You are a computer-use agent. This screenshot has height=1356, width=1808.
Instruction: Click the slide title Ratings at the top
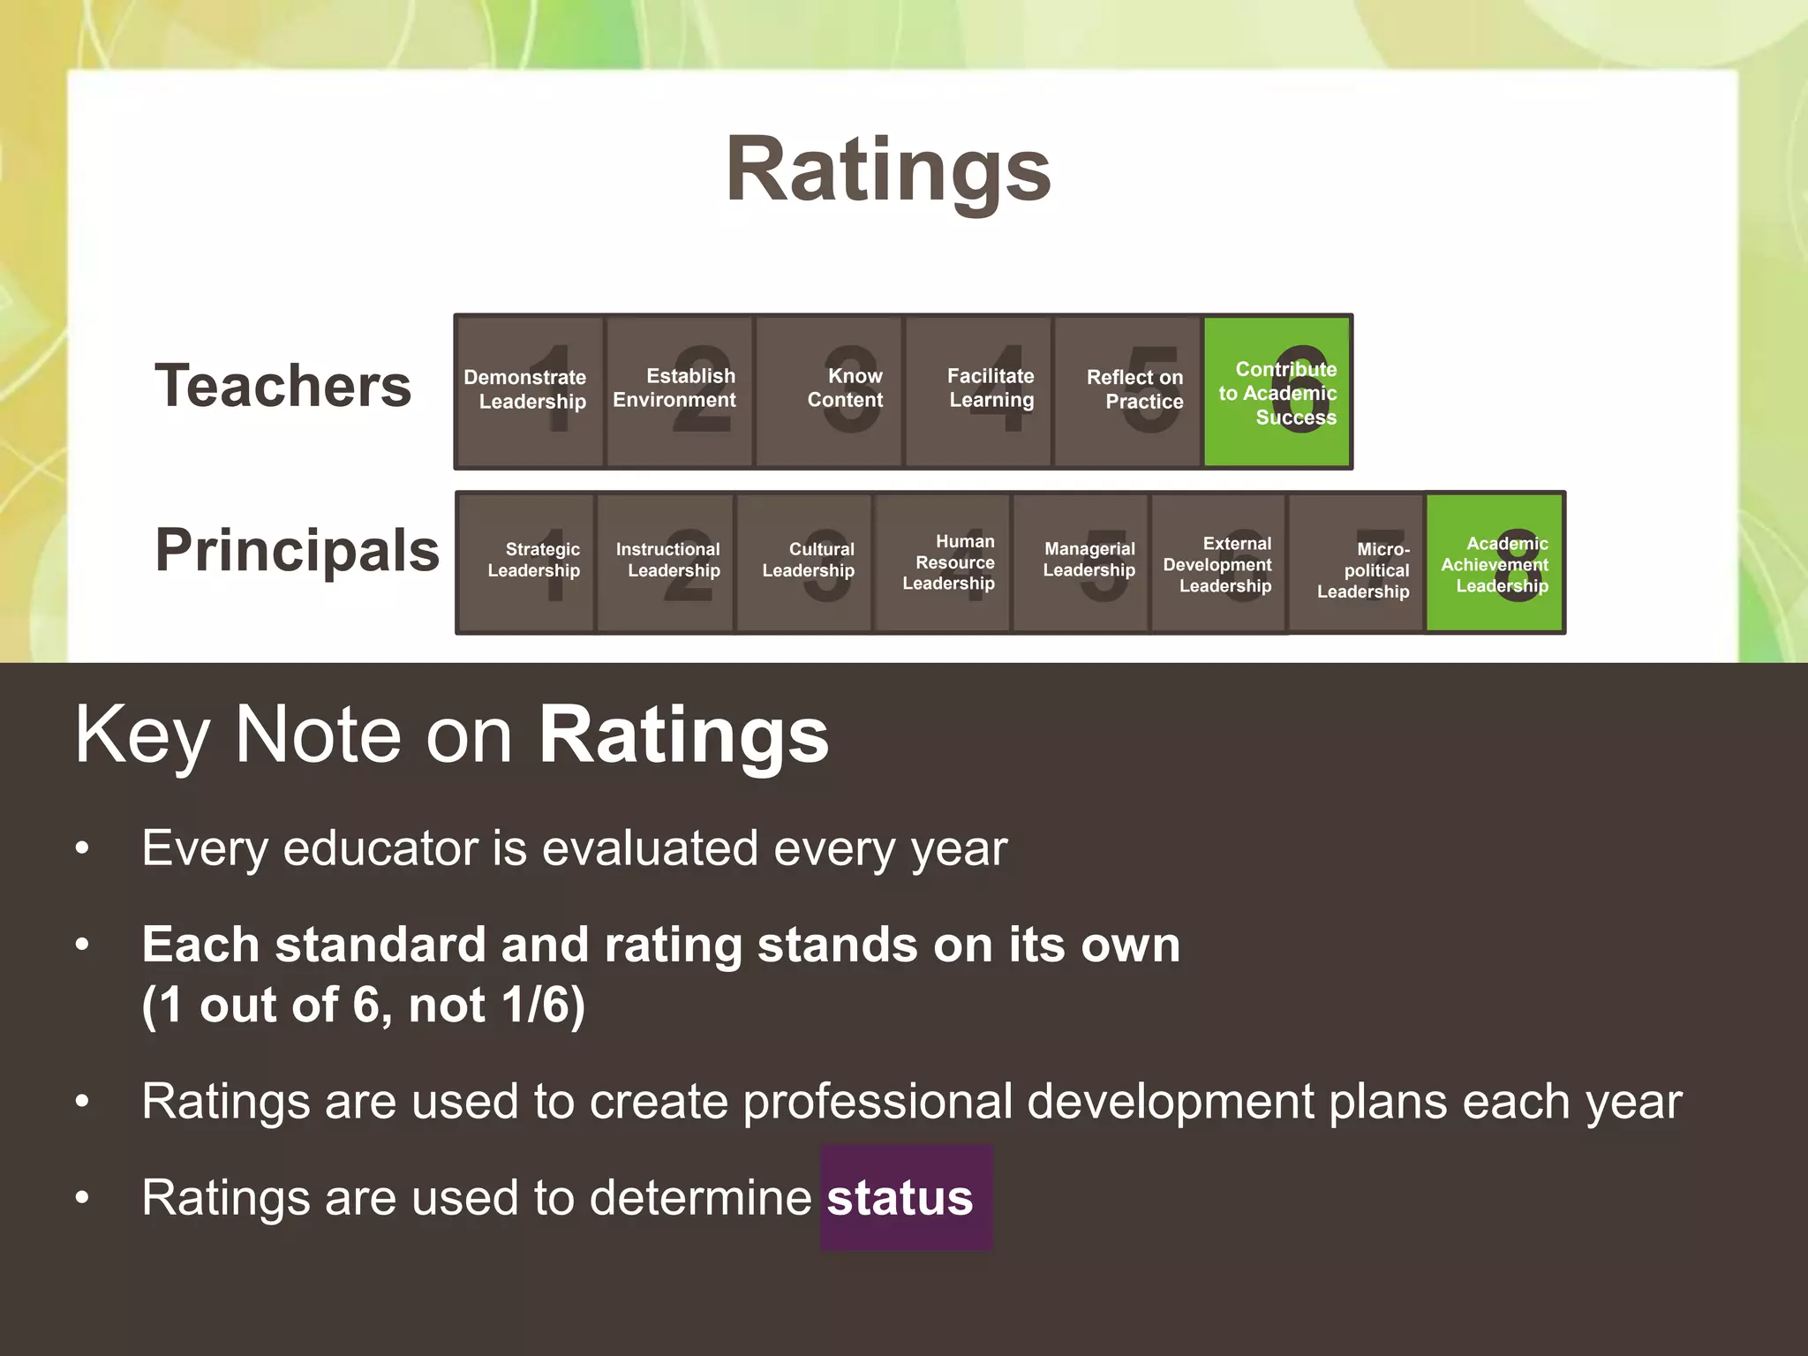point(888,169)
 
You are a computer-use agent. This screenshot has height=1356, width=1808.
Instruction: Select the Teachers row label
point(282,387)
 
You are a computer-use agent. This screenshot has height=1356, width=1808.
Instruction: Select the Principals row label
point(297,550)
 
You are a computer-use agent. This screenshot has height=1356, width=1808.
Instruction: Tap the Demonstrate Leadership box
point(530,391)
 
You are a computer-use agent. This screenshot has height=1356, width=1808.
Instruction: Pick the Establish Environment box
point(679,391)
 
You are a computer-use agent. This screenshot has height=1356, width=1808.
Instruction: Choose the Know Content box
point(829,391)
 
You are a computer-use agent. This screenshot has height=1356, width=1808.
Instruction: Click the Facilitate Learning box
point(978,391)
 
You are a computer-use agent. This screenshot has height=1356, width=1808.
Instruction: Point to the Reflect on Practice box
point(1127,391)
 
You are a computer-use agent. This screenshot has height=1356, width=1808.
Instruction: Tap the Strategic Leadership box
point(527,562)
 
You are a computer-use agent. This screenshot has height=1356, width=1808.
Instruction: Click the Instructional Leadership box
point(666,562)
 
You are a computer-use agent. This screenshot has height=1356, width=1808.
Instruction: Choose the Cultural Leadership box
point(804,562)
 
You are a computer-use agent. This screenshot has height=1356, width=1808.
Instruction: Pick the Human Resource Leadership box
point(943,562)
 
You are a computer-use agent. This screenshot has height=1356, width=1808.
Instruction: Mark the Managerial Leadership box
point(1081,562)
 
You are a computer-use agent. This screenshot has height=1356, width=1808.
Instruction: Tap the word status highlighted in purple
point(900,1198)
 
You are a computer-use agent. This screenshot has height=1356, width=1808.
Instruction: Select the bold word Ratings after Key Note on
point(684,735)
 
